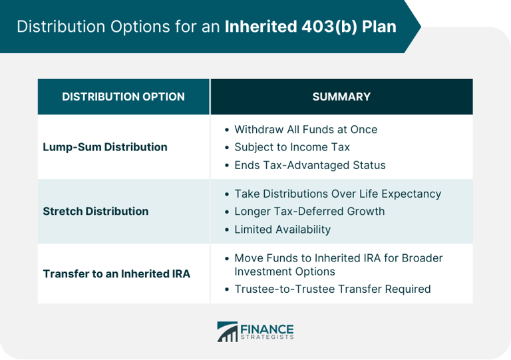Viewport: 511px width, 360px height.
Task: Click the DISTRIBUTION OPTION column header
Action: [123, 96]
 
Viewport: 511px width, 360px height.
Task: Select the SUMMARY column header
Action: [341, 96]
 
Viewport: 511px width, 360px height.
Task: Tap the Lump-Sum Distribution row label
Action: [105, 147]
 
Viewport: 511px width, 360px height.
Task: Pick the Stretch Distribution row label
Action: [96, 211]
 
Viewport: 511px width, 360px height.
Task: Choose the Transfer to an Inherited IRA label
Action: [116, 273]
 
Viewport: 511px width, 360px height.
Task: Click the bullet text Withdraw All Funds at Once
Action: [305, 129]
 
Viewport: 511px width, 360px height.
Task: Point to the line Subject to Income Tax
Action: [291, 147]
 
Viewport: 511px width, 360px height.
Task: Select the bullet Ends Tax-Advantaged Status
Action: [309, 165]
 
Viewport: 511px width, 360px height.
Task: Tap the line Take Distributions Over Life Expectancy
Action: [337, 194]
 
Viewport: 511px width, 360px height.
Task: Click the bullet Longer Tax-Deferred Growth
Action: [309, 212]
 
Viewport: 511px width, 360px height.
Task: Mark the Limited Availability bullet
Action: [282, 230]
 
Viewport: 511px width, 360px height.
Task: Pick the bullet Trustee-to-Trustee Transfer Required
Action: [332, 289]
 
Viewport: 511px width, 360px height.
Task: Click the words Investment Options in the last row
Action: [284, 271]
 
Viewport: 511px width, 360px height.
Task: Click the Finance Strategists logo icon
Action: [227, 331]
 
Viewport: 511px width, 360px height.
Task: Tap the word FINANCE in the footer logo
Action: [267, 327]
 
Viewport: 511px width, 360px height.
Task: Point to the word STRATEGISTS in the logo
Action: [267, 338]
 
